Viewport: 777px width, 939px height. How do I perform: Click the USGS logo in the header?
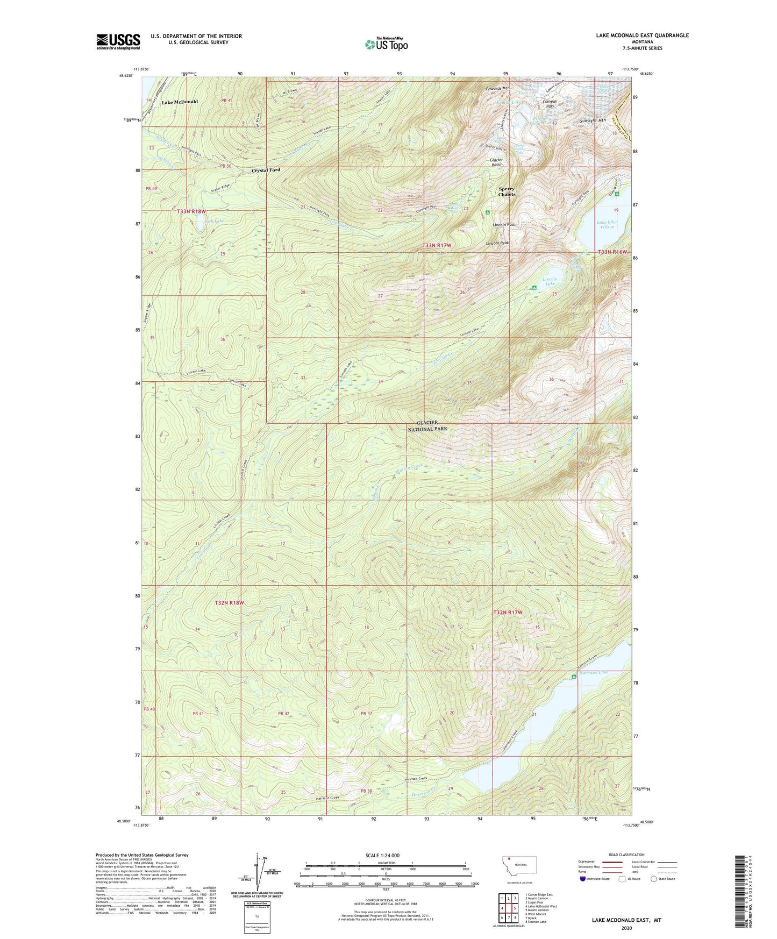[x=118, y=41]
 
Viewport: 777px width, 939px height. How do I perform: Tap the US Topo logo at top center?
[x=386, y=44]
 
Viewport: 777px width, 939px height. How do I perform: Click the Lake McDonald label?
[x=180, y=102]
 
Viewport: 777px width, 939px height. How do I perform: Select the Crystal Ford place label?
[x=266, y=170]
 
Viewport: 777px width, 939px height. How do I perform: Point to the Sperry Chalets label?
[x=507, y=191]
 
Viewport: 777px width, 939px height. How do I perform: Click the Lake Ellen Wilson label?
[x=608, y=224]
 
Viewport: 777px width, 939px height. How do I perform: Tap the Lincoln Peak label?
[x=497, y=243]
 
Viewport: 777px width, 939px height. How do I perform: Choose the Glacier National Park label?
[x=427, y=426]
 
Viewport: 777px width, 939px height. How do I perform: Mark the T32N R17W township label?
[x=508, y=613]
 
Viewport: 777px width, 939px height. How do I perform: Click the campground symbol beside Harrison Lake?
[x=574, y=676]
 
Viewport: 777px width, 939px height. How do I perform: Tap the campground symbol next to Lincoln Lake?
[x=534, y=288]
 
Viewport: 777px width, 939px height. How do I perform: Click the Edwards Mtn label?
[x=497, y=88]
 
